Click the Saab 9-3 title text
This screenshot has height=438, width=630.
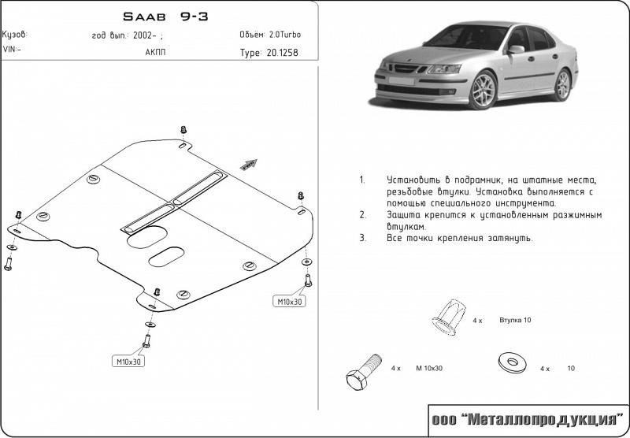coord(165,17)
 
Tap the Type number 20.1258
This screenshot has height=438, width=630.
coord(283,53)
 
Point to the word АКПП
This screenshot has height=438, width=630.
coord(155,52)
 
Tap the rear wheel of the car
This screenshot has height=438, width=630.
coord(562,84)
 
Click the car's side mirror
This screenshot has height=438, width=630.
coord(517,50)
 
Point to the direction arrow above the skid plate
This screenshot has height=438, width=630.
coord(248,165)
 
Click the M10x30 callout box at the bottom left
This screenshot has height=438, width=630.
coord(128,362)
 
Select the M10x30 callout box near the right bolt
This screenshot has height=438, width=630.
coord(289,301)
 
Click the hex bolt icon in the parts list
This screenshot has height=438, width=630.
coord(364,372)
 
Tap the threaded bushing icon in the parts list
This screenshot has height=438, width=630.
coord(449,317)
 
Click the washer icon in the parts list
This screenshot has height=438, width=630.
coord(513,363)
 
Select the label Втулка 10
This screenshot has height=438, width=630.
coord(515,321)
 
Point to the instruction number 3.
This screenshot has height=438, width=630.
coord(363,238)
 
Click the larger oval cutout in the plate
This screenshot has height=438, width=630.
coord(147,236)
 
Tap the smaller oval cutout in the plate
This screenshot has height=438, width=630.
coord(166,257)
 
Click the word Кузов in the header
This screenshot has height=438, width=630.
coord(15,35)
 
